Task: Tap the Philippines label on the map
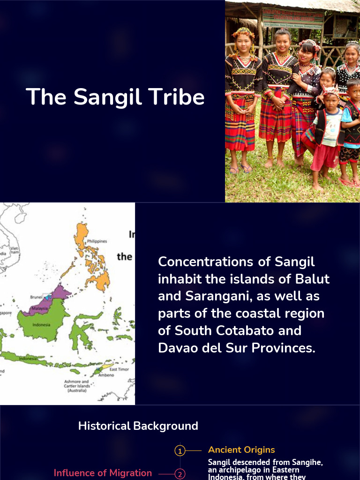pyautogui.click(x=97, y=241)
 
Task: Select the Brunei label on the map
pyautogui.click(x=36, y=297)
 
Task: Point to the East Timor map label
pyautogui.click(x=119, y=369)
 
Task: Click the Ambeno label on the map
pyautogui.click(x=106, y=375)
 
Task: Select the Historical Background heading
pyautogui.click(x=138, y=426)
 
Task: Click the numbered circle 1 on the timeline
pyautogui.click(x=180, y=451)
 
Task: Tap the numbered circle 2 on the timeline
pyautogui.click(x=180, y=474)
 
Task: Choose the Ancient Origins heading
pyautogui.click(x=241, y=450)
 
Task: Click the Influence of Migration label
pyautogui.click(x=103, y=473)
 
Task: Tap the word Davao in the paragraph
pyautogui.click(x=177, y=348)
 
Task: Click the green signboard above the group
pyautogui.click(x=292, y=18)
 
